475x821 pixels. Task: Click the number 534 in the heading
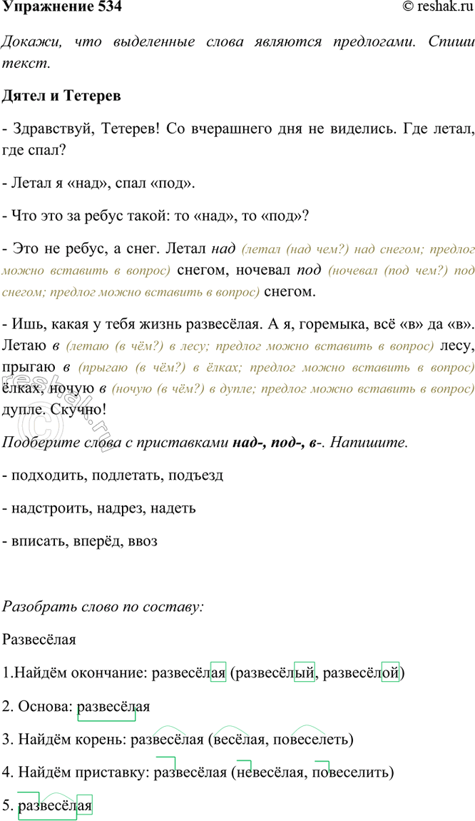click(x=106, y=8)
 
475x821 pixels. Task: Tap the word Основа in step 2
click(x=40, y=706)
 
